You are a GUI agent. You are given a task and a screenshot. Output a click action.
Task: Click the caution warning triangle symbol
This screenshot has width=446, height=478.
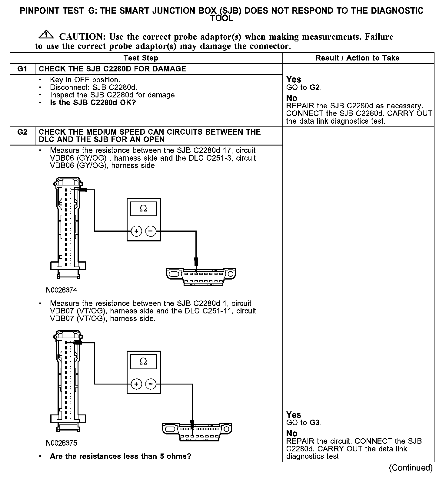(x=46, y=34)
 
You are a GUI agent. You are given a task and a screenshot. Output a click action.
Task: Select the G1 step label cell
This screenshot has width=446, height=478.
(x=22, y=69)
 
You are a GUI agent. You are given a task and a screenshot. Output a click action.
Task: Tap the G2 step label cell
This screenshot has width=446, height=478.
(x=22, y=132)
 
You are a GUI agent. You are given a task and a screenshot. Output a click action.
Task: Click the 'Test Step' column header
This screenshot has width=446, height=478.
(x=141, y=58)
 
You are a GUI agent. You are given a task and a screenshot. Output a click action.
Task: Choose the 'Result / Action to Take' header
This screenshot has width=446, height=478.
(x=358, y=58)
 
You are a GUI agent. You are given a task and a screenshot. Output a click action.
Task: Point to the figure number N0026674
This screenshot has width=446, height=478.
(x=62, y=290)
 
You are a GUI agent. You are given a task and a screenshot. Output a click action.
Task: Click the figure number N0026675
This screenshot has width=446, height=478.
(x=62, y=443)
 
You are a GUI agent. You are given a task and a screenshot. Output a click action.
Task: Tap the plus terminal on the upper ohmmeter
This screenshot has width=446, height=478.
(x=136, y=231)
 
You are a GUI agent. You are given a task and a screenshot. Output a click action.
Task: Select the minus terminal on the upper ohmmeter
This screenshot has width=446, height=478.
(x=151, y=231)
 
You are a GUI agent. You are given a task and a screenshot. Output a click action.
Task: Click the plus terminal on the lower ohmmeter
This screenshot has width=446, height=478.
(x=136, y=384)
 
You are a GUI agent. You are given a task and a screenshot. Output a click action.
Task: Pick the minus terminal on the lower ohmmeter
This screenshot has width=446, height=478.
(x=151, y=384)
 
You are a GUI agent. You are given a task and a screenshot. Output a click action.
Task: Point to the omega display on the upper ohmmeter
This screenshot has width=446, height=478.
(x=143, y=209)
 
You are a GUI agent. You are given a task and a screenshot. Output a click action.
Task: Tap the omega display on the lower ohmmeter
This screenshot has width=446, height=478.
(x=143, y=362)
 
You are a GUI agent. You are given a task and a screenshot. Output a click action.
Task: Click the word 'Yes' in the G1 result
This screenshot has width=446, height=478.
(x=294, y=80)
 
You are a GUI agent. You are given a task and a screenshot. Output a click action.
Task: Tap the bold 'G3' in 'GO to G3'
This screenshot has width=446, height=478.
(x=315, y=423)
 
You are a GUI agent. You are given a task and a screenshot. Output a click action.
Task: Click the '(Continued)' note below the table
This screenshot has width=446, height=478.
(x=411, y=468)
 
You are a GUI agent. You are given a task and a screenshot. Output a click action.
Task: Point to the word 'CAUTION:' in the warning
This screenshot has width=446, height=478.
(x=82, y=37)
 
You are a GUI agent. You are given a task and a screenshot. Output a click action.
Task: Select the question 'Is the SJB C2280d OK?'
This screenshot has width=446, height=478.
(x=93, y=103)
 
